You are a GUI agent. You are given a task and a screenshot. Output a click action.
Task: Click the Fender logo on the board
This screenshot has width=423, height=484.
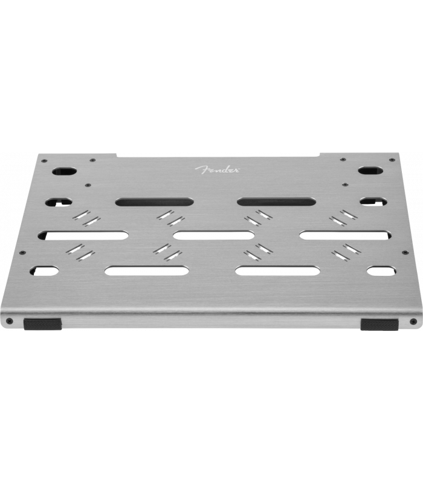tap(217, 169)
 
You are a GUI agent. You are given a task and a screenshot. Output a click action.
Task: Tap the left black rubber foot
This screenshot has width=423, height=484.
tap(42, 324)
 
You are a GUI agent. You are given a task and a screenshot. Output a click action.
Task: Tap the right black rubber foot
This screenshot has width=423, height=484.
tap(379, 325)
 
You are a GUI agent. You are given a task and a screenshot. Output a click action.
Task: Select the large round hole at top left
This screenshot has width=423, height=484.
tap(65, 171)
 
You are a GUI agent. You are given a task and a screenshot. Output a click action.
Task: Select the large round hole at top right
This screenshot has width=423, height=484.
tap(370, 171)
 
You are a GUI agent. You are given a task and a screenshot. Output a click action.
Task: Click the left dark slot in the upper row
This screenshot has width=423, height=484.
tap(155, 202)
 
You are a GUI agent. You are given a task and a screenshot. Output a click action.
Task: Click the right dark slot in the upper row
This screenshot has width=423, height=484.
tap(276, 202)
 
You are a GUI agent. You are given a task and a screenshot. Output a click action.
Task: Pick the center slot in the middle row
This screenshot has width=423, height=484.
tap(214, 236)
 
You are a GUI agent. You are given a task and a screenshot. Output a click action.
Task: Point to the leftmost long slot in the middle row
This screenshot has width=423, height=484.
tap(83, 236)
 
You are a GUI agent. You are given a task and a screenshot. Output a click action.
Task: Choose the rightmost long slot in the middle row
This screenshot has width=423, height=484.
tap(345, 235)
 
